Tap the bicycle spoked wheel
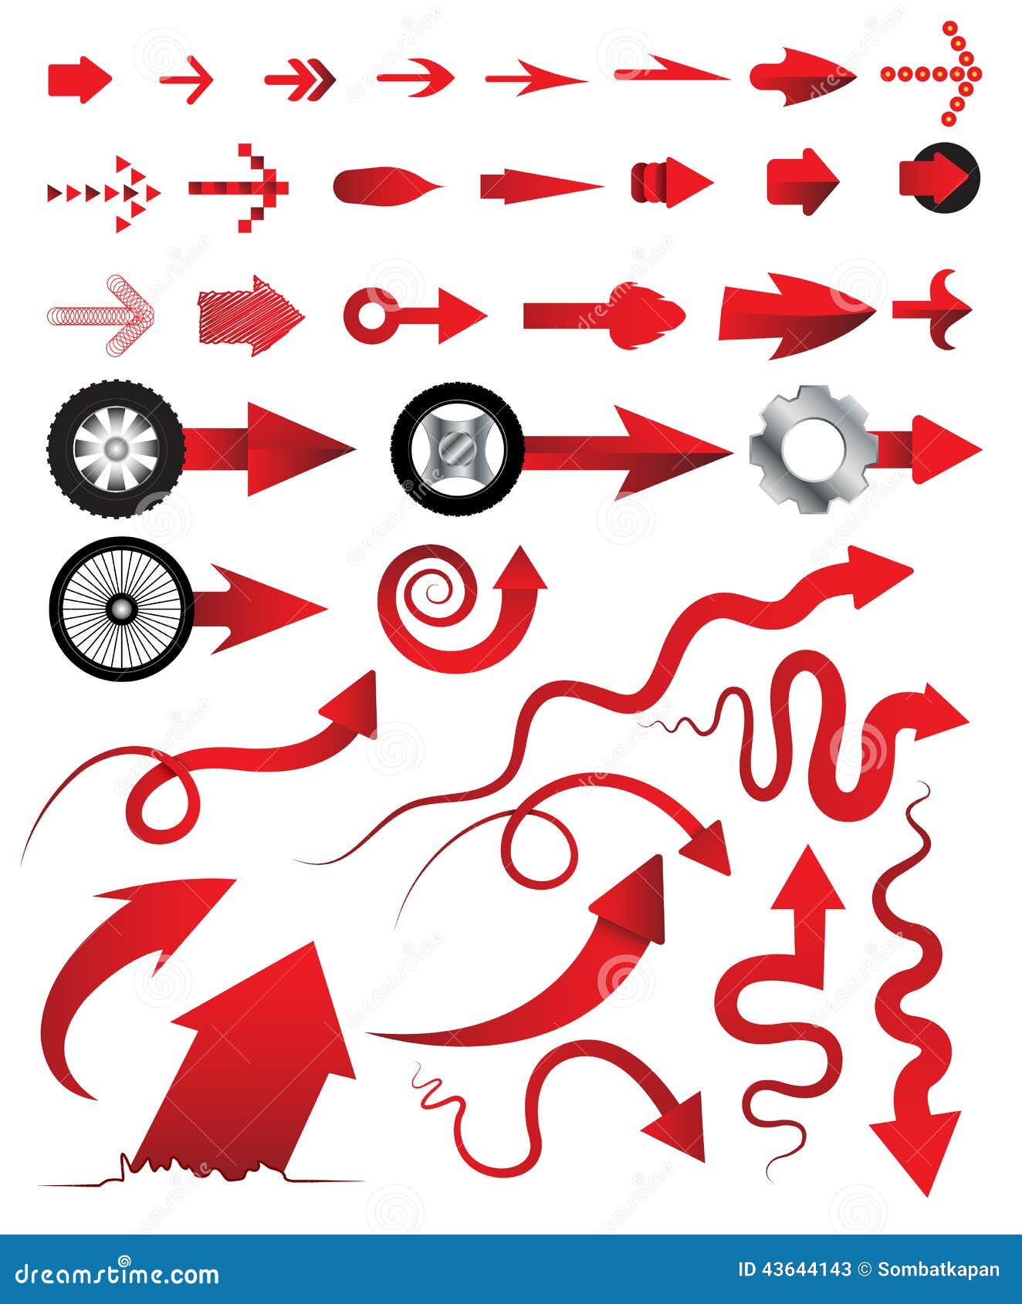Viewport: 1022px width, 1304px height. tap(121, 609)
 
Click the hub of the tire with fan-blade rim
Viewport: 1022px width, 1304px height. tap(117, 448)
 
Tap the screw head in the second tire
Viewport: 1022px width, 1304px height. tap(456, 449)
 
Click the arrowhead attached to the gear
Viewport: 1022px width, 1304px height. tap(945, 449)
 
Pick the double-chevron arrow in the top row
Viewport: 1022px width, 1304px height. tap(301, 79)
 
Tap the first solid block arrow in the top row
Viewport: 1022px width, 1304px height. tap(80, 79)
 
